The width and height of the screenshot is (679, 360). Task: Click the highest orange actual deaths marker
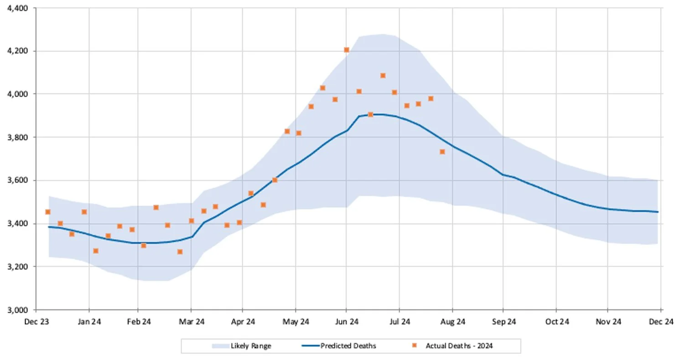(x=347, y=50)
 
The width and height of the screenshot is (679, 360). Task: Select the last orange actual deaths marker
(x=442, y=152)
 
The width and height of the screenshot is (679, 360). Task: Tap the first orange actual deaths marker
(x=48, y=212)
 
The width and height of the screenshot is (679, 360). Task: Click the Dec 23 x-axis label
(x=38, y=322)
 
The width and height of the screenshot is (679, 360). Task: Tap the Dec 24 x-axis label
(x=661, y=322)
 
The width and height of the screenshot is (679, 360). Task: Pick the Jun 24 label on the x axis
(x=347, y=322)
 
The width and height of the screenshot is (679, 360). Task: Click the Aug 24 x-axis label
(x=452, y=322)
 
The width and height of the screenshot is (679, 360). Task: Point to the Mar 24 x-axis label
(x=192, y=322)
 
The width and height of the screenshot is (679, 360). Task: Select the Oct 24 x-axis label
(x=557, y=322)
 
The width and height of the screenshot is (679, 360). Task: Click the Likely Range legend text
(x=251, y=346)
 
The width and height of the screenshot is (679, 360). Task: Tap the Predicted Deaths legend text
(x=348, y=346)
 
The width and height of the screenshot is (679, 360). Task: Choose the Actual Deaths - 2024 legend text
(x=459, y=346)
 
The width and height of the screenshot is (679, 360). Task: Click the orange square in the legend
(x=415, y=346)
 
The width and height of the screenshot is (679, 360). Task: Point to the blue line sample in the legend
(x=310, y=346)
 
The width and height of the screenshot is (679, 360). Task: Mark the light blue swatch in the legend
(x=220, y=346)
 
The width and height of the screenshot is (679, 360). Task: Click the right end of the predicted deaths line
(x=658, y=212)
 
